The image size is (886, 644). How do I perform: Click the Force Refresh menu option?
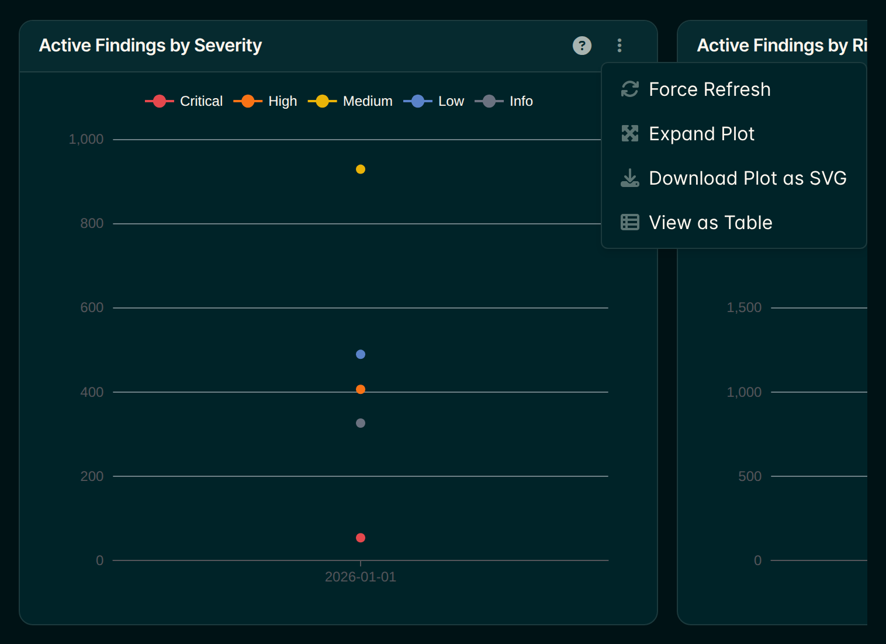[695, 89]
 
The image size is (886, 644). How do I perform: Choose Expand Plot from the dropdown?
[687, 134]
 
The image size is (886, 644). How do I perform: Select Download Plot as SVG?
[733, 178]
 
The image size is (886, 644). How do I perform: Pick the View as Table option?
[696, 222]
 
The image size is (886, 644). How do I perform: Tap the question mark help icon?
[582, 46]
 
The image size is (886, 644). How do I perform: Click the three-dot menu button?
[619, 46]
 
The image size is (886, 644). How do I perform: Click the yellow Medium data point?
[361, 169]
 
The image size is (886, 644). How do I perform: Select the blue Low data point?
[361, 355]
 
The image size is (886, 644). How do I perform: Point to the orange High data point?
[361, 390]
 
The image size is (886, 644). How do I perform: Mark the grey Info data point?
[361, 423]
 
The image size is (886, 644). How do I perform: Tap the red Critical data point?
[361, 538]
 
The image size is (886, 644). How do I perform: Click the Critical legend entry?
[184, 101]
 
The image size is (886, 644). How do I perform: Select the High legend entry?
[265, 101]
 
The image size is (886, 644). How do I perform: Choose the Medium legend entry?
[350, 101]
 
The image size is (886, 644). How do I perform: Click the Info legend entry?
[504, 101]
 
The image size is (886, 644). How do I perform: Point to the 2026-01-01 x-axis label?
[361, 577]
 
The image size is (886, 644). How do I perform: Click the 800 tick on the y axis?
[92, 223]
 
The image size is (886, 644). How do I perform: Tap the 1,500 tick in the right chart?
[744, 308]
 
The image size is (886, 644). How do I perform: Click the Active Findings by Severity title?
[150, 46]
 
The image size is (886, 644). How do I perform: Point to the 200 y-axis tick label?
[92, 476]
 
